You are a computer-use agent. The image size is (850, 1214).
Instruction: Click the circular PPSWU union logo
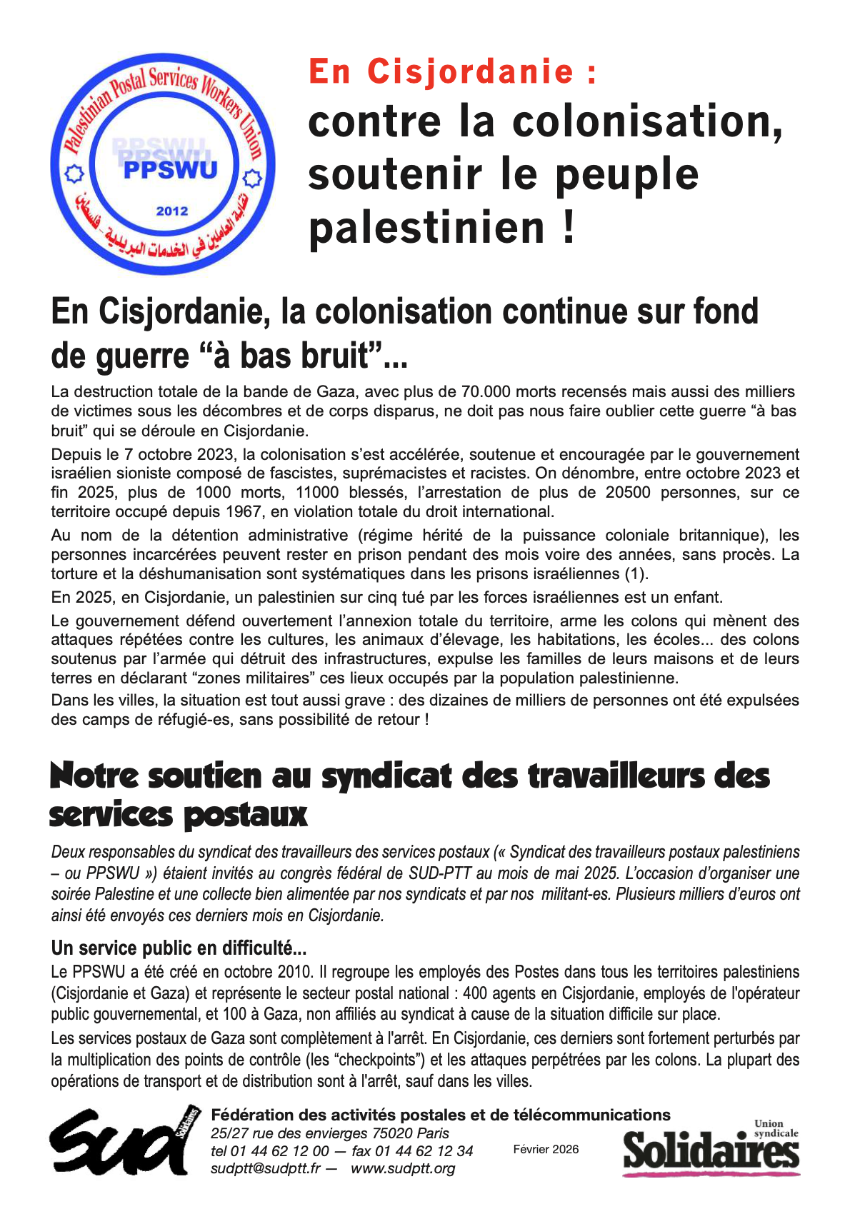pyautogui.click(x=163, y=164)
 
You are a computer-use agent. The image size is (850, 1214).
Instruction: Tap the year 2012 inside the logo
pyautogui.click(x=172, y=211)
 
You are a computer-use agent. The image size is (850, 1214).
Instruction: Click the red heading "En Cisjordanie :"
pyautogui.click(x=453, y=72)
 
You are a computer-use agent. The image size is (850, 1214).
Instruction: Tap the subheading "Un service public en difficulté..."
pyautogui.click(x=179, y=948)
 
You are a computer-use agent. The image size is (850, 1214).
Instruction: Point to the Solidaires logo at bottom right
pyautogui.click(x=711, y=1148)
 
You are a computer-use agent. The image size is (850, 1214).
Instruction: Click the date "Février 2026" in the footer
pyautogui.click(x=546, y=1149)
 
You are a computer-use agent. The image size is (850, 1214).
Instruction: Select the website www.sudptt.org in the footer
pyautogui.click(x=403, y=1169)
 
